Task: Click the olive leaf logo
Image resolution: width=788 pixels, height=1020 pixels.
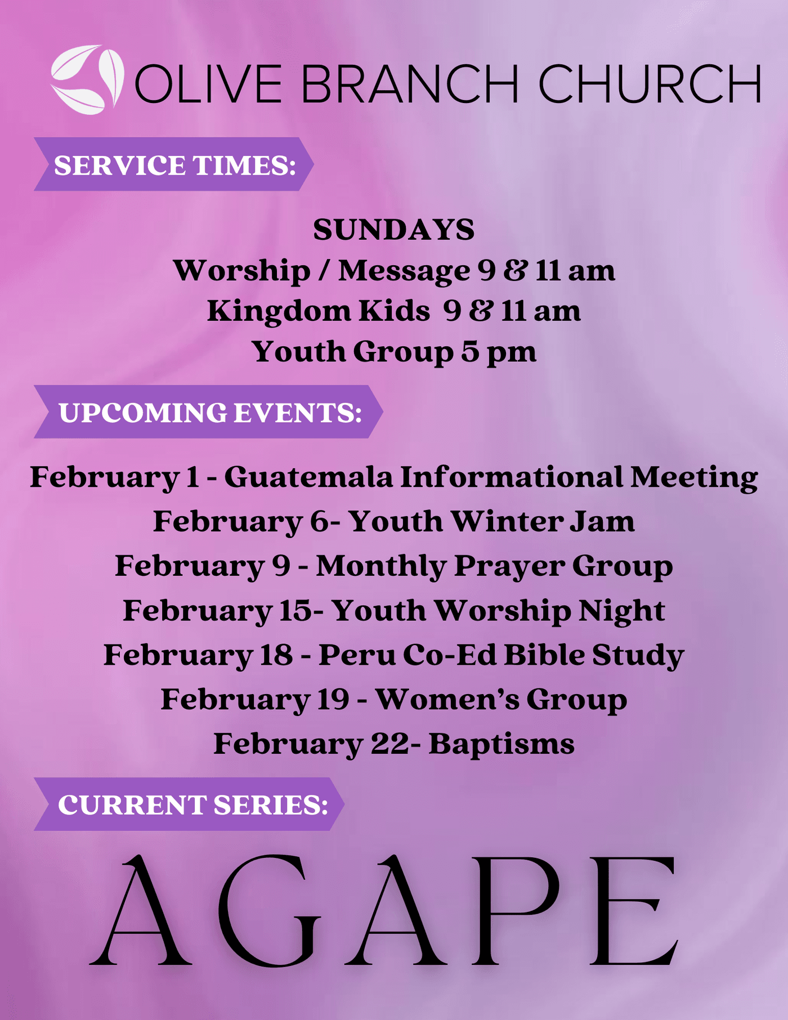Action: [87, 79]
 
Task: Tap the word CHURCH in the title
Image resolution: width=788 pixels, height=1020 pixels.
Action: [650, 83]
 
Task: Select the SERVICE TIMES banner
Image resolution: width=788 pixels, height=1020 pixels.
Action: [173, 164]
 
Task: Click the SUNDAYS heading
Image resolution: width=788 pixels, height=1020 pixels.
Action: [394, 230]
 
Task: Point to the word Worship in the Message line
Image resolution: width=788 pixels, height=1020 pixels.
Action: [242, 271]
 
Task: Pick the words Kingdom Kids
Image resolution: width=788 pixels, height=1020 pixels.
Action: [319, 311]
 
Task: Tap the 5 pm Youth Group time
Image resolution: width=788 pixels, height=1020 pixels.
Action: [499, 352]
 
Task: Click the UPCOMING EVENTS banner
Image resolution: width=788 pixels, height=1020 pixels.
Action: [208, 412]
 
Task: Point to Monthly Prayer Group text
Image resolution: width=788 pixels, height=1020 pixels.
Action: [494, 566]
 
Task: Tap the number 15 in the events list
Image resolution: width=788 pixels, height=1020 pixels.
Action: [295, 611]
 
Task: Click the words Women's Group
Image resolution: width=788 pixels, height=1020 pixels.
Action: [502, 700]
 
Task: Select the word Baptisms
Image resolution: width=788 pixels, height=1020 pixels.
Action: [502, 744]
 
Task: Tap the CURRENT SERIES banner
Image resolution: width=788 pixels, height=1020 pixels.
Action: [189, 804]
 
